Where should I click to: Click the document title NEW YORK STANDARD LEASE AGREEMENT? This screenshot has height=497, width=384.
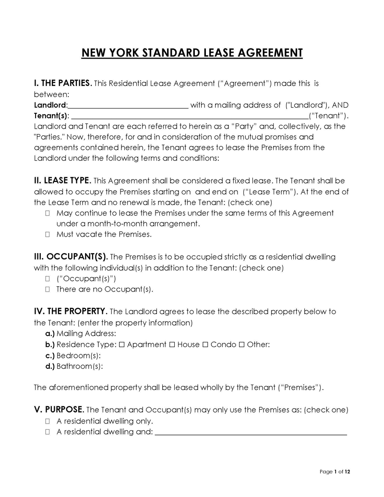pos(192,52)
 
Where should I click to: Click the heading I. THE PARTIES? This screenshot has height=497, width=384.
pos(62,83)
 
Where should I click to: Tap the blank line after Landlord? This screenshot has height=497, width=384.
pos(128,105)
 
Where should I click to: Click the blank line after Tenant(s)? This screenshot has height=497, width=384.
pos(190,116)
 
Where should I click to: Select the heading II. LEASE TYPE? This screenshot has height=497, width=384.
pos(62,181)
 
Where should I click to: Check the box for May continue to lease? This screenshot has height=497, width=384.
pos(48,213)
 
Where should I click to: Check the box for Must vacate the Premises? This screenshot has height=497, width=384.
pos(48,235)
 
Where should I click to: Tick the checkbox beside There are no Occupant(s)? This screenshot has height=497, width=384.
pos(48,290)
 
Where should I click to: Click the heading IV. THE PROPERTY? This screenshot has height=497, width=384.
pos(71,311)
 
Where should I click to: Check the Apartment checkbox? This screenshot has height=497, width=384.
pos(121,344)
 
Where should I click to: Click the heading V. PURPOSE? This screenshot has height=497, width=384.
pos(59,410)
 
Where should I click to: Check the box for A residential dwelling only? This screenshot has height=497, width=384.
pos(48,421)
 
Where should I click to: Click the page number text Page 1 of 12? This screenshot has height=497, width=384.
pos(335,472)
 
